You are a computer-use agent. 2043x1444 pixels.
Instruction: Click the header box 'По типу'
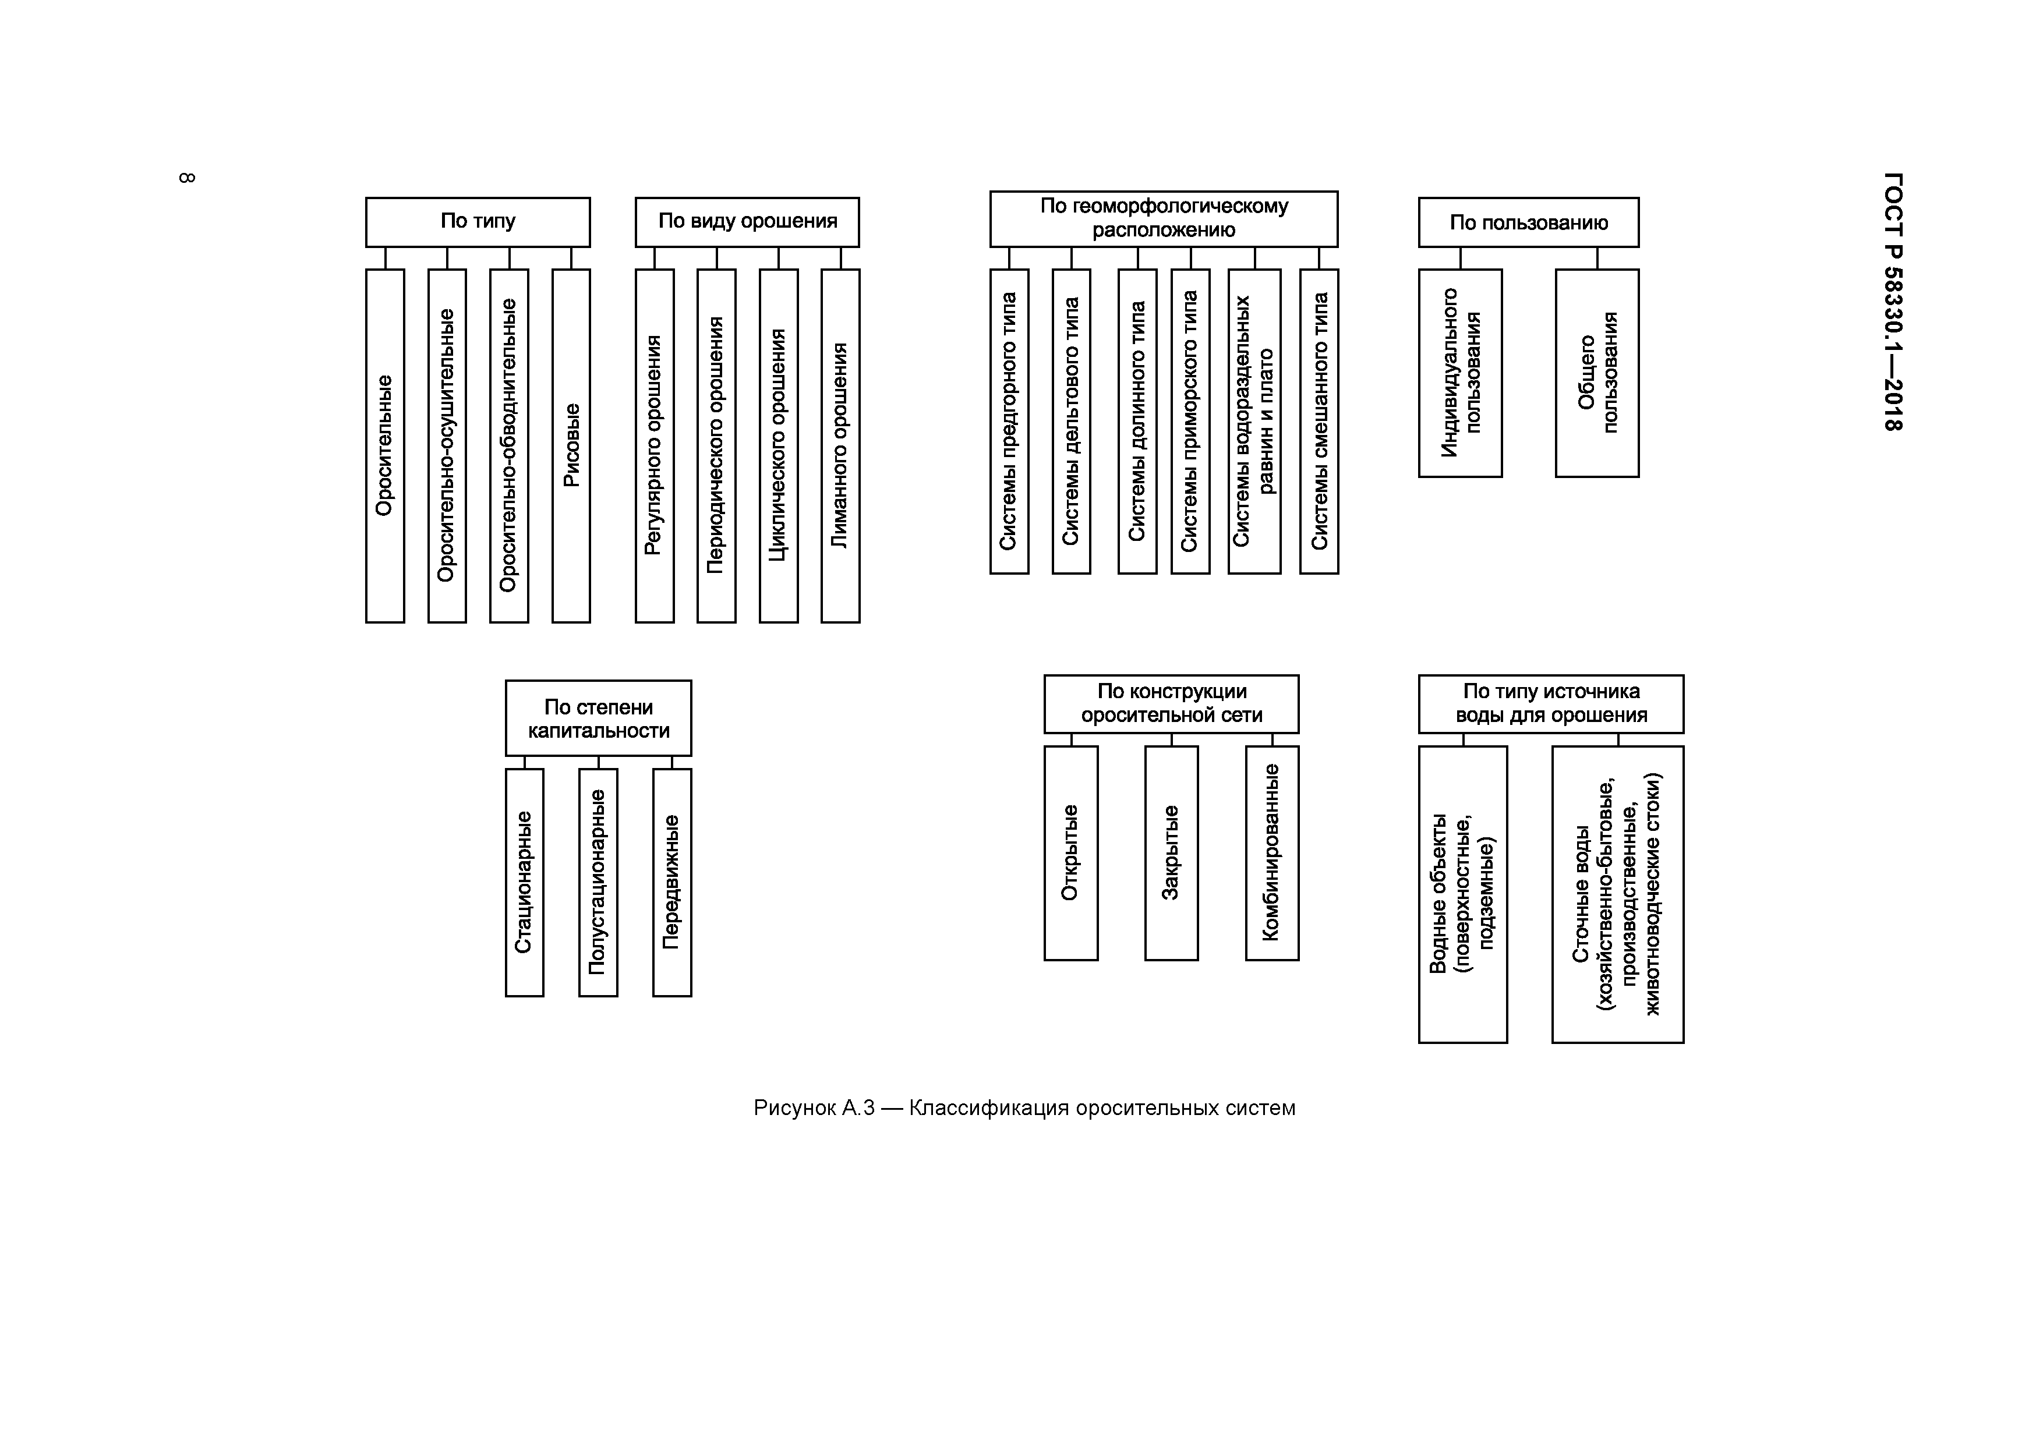478,221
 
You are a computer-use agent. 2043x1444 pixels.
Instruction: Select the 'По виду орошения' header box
747,221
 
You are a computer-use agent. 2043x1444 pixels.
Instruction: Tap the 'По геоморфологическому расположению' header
1163,219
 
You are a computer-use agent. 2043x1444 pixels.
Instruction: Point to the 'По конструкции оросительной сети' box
1171,704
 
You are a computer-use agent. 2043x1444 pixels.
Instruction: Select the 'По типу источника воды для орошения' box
1550,704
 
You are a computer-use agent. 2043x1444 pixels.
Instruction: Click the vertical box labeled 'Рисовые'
571,446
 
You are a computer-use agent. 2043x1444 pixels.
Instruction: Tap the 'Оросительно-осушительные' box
447,446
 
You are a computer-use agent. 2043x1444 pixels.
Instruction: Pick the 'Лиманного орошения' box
840,446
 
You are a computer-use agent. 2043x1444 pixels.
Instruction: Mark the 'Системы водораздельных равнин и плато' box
1254,422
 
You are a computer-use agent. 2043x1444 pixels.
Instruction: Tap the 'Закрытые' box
1171,852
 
